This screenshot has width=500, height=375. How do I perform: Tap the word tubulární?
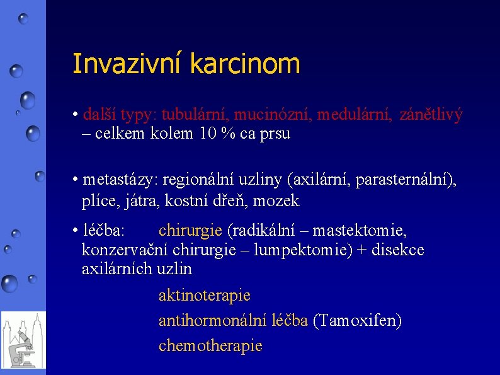click(197, 115)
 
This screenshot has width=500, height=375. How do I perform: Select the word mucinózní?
click(275, 115)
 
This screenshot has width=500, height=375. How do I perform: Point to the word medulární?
click(353, 115)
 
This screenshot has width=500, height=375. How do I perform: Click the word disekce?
click(398, 250)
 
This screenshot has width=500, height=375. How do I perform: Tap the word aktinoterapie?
click(205, 295)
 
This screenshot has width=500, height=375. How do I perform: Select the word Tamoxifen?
click(357, 321)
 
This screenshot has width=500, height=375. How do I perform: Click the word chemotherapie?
click(210, 346)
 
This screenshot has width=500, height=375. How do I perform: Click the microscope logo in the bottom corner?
click(23, 340)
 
